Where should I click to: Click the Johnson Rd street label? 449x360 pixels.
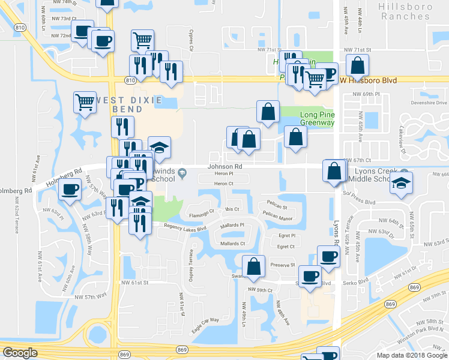(x=224, y=166)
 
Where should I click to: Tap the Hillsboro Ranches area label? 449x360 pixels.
(x=412, y=11)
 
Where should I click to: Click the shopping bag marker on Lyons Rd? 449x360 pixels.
(x=333, y=170)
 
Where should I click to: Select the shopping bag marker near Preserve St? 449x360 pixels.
(x=255, y=265)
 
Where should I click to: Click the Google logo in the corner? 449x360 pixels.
(x=20, y=353)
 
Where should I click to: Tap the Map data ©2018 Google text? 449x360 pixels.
(x=411, y=355)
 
